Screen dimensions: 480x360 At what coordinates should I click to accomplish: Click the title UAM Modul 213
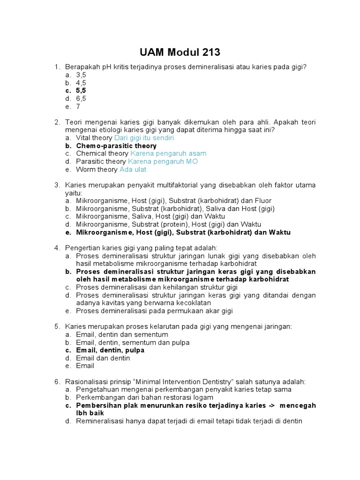tap(180, 52)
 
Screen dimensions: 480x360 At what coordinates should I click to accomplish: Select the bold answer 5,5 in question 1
tap(81, 90)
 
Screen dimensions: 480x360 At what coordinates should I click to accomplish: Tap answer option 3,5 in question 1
tap(81, 75)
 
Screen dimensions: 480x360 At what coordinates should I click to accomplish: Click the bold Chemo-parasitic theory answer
tap(116, 146)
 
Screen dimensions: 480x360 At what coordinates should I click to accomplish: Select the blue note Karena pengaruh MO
tap(163, 161)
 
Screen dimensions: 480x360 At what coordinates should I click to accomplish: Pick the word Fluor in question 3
tap(262, 201)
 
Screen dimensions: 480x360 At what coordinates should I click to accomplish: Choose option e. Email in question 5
tap(85, 366)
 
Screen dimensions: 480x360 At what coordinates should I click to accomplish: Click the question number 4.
tap(57, 248)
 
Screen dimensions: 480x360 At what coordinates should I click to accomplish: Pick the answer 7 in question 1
tap(78, 106)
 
